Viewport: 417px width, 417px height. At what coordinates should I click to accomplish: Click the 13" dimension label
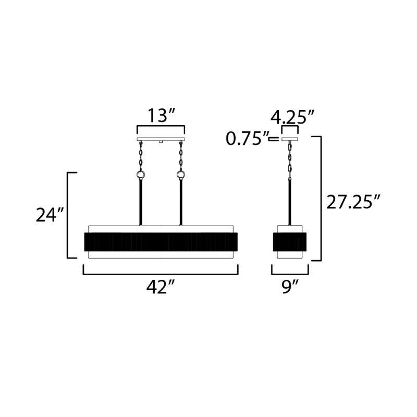tap(160, 116)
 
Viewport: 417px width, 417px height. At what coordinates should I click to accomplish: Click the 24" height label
tap(50, 215)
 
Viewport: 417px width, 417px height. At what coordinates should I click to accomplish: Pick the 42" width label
tap(160, 287)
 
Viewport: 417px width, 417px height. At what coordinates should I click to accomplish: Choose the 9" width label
tap(290, 287)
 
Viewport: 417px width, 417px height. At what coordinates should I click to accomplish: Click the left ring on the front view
tap(140, 175)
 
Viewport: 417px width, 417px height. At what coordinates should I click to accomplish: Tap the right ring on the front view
tap(181, 175)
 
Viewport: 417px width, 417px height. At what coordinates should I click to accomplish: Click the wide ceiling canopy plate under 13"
tap(161, 140)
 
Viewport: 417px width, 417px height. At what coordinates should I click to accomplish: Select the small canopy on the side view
tap(289, 140)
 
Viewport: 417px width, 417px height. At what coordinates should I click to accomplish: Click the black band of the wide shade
tap(161, 241)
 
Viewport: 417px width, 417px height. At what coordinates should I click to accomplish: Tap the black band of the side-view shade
tap(290, 241)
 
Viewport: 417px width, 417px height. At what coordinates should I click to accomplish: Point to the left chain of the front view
tap(140, 156)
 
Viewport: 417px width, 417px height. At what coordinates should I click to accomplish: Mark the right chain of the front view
tap(181, 156)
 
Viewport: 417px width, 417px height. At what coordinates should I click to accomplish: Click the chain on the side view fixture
tap(289, 159)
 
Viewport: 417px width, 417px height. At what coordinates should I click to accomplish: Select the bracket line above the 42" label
tap(161, 273)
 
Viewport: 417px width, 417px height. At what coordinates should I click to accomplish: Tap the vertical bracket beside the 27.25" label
tap(320, 198)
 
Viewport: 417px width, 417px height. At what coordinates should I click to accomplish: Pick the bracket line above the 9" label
tap(290, 273)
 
